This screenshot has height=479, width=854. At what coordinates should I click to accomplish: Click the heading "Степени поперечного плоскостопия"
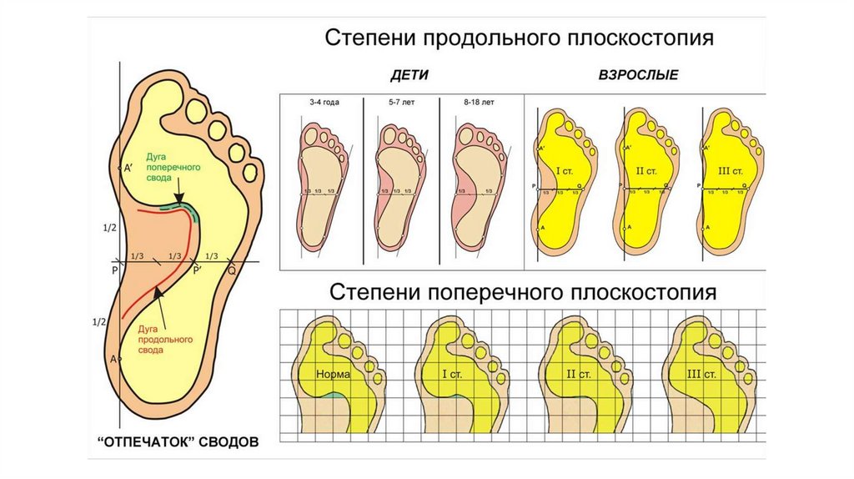point(523,294)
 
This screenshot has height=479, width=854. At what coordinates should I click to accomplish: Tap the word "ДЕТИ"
point(409,75)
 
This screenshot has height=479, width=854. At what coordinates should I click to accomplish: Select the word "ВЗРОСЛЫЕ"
point(638,75)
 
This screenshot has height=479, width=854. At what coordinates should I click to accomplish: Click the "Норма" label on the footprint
point(333,375)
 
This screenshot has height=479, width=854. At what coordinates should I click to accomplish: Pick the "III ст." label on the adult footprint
point(730,171)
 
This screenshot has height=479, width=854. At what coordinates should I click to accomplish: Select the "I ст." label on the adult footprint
point(564,171)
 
